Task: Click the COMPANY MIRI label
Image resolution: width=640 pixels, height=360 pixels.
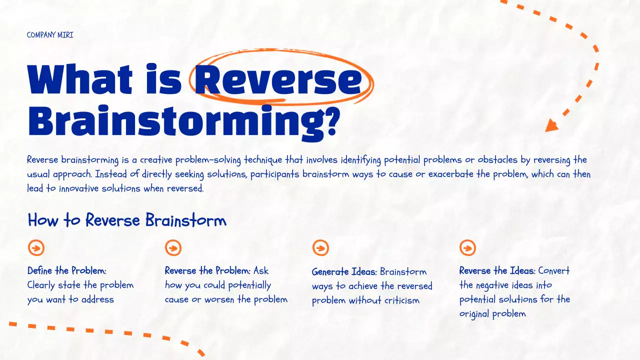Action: (x=50, y=35)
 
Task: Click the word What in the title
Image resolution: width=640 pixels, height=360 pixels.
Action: (x=80, y=80)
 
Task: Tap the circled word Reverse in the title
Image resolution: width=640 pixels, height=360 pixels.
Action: (x=278, y=80)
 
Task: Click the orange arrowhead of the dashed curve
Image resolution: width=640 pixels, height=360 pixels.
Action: (x=551, y=125)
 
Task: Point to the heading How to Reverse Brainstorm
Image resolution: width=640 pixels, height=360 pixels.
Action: (x=127, y=220)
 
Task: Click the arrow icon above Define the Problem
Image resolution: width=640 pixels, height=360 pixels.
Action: (x=36, y=247)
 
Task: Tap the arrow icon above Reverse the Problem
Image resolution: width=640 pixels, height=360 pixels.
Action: (x=173, y=247)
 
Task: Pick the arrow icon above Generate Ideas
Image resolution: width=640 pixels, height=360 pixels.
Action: (x=320, y=247)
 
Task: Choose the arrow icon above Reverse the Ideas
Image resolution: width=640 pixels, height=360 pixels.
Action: (x=467, y=247)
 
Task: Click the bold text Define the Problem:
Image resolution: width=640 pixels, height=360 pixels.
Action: (x=67, y=271)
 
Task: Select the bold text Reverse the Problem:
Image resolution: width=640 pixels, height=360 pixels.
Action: (x=207, y=271)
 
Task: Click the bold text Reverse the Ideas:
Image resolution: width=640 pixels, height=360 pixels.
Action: (x=497, y=271)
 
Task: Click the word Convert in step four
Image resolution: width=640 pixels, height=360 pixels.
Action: (x=554, y=271)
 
